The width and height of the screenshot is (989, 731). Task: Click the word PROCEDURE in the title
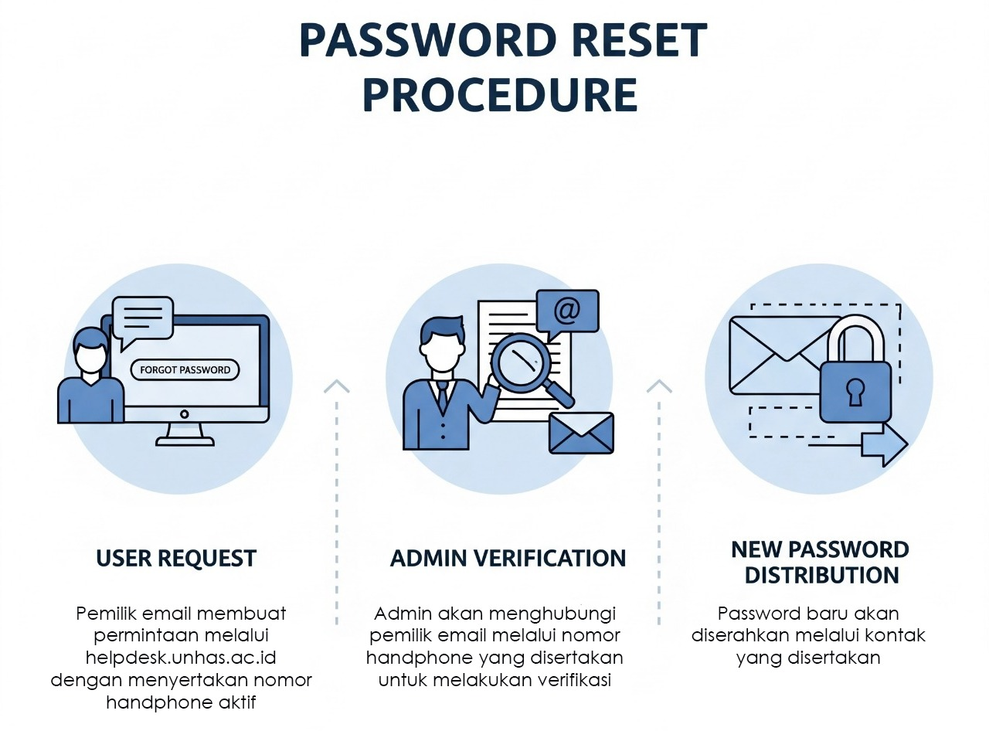point(500,95)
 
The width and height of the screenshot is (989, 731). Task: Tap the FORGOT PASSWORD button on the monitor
point(185,370)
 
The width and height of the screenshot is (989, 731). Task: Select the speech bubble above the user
point(143,318)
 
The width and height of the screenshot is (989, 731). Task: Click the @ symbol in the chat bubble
point(566,311)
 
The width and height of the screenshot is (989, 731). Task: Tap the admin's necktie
point(443,397)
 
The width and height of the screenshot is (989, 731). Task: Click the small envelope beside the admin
point(581,433)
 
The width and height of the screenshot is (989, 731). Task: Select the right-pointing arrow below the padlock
point(884,444)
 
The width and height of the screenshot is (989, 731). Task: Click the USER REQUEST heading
point(176,559)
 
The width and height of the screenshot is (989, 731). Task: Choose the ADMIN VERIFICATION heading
point(508,559)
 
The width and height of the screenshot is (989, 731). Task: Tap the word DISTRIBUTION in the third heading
point(821,576)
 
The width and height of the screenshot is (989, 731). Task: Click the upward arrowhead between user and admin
point(337,386)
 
